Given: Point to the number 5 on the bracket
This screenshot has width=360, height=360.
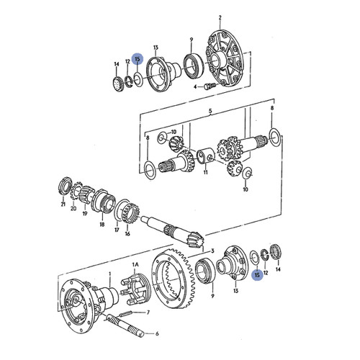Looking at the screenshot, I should [210, 112].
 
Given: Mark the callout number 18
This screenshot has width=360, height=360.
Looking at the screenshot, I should [102, 225].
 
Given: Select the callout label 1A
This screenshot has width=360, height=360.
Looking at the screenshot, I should [134, 265].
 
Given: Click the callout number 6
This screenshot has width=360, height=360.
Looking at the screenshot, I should [157, 333].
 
